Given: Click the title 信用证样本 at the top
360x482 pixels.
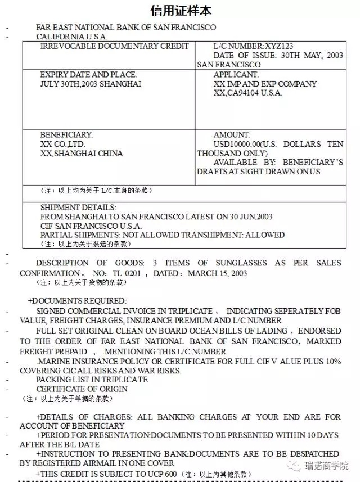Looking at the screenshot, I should (180, 11).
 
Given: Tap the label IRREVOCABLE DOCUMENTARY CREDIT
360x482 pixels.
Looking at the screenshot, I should (114, 46).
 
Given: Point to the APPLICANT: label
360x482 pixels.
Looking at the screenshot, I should (236, 75).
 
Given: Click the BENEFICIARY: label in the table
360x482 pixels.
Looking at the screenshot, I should (66, 135).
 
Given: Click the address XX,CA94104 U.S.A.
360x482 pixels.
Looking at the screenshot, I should (247, 93).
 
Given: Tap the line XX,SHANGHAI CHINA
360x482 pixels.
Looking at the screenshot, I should (81, 153).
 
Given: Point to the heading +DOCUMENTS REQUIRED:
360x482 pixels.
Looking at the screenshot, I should (78, 301).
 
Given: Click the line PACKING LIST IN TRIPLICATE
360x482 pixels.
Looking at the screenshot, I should (92, 380).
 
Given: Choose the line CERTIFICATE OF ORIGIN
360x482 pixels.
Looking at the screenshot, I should (82, 389).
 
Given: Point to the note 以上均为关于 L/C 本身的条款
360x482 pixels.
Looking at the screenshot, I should (97, 191).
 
